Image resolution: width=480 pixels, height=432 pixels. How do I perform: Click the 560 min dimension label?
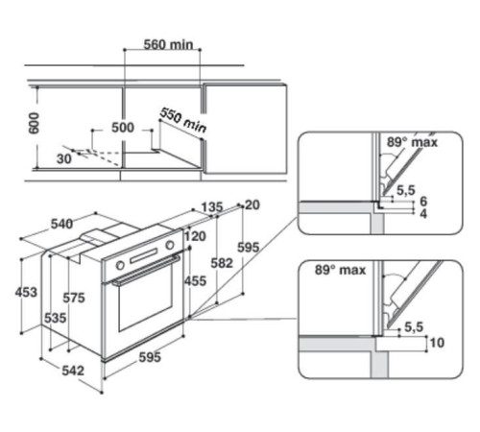click(x=168, y=45)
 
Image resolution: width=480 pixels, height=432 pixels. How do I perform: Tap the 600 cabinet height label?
click(x=34, y=123)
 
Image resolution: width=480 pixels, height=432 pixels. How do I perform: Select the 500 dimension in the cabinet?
click(x=123, y=128)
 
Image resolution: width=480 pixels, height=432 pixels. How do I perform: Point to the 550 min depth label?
click(x=183, y=121)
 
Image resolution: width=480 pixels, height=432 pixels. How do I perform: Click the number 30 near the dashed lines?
click(x=64, y=159)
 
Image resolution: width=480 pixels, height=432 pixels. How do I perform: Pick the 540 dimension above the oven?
click(x=61, y=224)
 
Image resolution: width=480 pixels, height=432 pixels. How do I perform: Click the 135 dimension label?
click(x=212, y=207)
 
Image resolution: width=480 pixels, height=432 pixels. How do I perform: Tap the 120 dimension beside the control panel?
click(x=195, y=236)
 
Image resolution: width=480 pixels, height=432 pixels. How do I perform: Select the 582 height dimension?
click(x=222, y=263)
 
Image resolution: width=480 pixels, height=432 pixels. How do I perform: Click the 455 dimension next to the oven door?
click(x=195, y=281)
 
